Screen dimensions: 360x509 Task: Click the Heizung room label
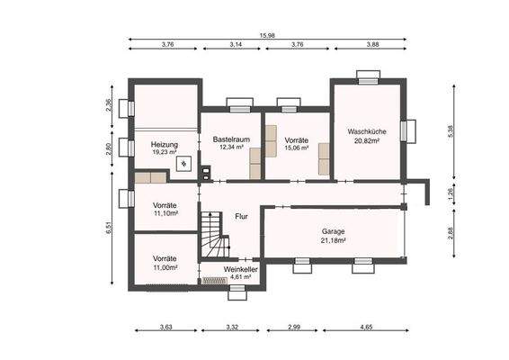(164, 144)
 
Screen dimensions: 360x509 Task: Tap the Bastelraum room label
(231, 140)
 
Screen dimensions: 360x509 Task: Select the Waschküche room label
(367, 131)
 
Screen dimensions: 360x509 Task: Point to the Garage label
(334, 230)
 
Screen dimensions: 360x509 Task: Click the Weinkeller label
(231, 268)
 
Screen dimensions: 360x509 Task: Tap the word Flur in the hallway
(241, 217)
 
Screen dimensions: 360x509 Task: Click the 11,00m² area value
(165, 267)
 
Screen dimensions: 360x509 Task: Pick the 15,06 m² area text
(297, 148)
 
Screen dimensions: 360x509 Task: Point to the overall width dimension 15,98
(267, 36)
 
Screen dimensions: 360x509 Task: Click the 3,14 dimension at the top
(236, 44)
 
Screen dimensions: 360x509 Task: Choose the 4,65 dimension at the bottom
(367, 326)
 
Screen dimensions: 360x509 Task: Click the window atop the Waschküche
(367, 78)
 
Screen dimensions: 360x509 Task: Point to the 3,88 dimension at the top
(372, 44)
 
